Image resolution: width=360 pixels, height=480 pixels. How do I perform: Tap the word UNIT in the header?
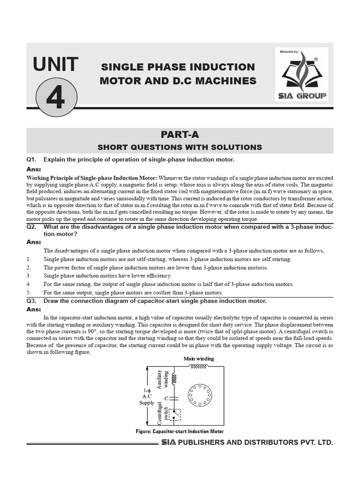pyautogui.click(x=56, y=64)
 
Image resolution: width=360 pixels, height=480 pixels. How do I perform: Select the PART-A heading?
pyautogui.click(x=180, y=135)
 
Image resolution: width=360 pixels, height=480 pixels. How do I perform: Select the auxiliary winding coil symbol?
pyautogui.click(x=174, y=378)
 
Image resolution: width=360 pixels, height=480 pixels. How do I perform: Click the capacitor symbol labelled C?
pyautogui.click(x=174, y=398)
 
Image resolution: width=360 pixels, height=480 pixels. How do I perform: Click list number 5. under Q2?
pyautogui.click(x=29, y=292)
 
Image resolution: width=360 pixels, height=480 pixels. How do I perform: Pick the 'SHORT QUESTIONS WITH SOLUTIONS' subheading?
pyautogui.click(x=180, y=147)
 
